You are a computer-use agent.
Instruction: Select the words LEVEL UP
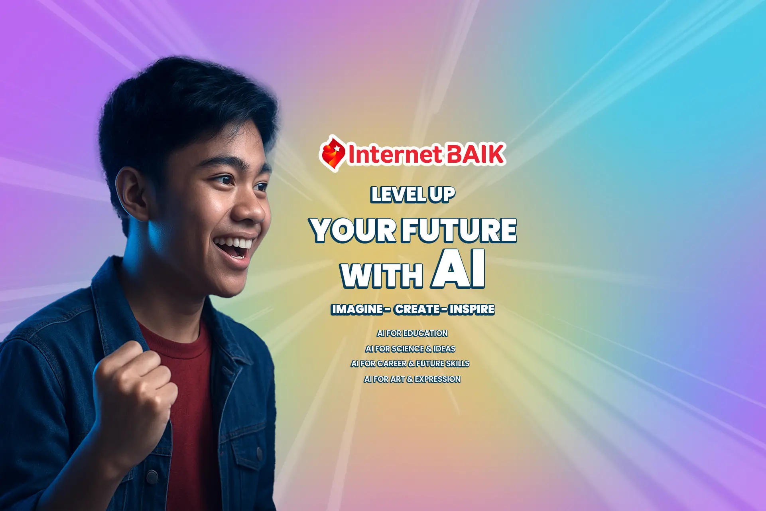tap(413, 195)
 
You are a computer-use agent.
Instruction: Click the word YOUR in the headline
tap(353, 230)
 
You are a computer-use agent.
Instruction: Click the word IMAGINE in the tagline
tap(357, 309)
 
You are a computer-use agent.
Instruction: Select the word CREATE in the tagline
tap(417, 309)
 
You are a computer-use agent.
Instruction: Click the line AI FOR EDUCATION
tap(412, 333)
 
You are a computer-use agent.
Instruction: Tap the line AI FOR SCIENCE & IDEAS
tap(410, 349)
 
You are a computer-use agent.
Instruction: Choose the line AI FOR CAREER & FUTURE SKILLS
tap(410, 363)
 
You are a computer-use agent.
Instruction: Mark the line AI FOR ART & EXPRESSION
tap(412, 379)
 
